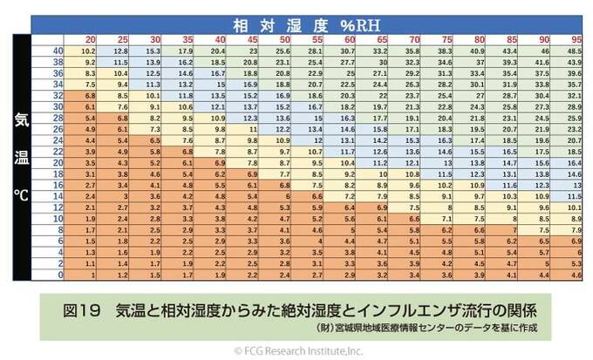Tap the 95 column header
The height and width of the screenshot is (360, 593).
[x=574, y=41]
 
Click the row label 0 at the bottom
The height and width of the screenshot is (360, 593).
[x=58, y=275]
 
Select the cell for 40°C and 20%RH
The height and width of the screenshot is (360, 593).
[x=89, y=52]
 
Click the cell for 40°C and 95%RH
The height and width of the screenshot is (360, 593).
[x=574, y=52]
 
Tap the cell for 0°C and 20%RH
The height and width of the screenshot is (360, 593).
[x=89, y=275]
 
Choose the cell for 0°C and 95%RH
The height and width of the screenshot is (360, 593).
[x=574, y=275]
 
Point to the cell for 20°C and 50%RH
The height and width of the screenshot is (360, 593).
[x=283, y=163]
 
